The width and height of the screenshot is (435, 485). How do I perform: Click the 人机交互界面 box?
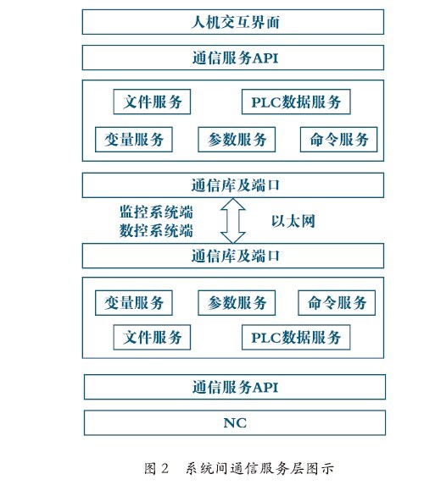(x=233, y=22)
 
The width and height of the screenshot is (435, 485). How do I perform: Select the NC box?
(x=235, y=423)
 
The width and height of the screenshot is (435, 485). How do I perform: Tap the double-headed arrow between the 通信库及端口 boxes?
(x=233, y=221)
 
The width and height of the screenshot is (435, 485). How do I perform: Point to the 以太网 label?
(x=293, y=221)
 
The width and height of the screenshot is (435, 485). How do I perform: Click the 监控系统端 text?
(x=156, y=212)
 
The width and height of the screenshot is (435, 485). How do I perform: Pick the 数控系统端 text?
(x=156, y=231)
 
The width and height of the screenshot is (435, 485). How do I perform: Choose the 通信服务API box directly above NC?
(x=235, y=387)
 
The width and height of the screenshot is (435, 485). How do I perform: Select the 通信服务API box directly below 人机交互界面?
(x=233, y=58)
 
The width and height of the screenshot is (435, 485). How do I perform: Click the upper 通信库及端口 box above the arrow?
(x=233, y=185)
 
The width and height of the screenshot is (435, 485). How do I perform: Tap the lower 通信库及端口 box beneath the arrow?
(x=233, y=256)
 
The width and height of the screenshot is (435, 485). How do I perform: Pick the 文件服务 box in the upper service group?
(x=152, y=102)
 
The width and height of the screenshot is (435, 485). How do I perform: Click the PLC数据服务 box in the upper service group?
(x=296, y=102)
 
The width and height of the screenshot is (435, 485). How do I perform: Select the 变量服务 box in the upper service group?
(x=134, y=140)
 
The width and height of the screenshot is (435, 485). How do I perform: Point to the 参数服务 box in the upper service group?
(x=237, y=140)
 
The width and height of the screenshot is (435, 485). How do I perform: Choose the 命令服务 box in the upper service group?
(x=339, y=140)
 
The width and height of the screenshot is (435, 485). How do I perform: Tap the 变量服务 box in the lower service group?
(x=134, y=303)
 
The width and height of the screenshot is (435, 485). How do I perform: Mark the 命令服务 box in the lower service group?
(x=337, y=303)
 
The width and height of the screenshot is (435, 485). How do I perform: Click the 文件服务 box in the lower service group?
(x=152, y=338)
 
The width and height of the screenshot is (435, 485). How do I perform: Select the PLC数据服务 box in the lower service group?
(x=296, y=338)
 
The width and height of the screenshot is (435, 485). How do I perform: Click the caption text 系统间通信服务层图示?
(x=259, y=468)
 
